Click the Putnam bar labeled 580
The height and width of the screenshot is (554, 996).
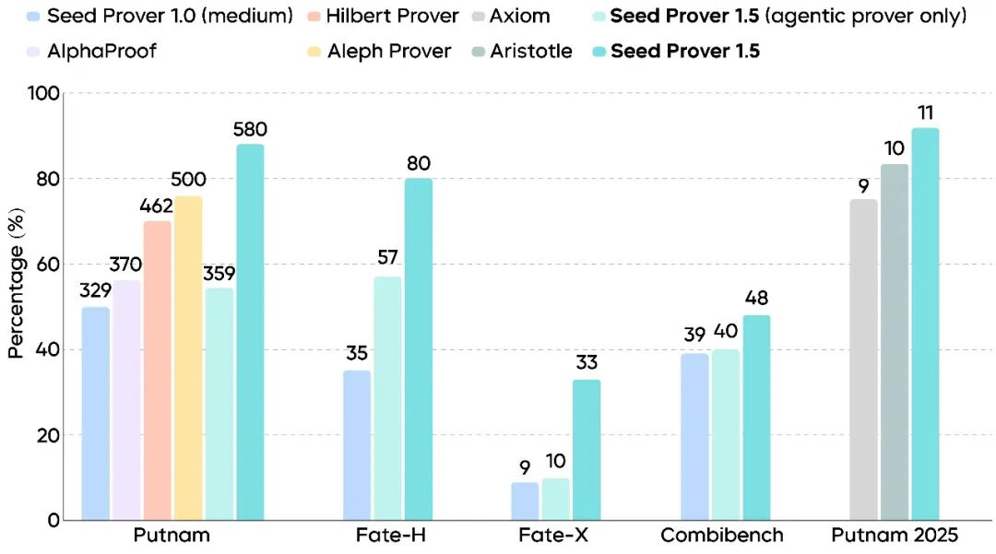pyautogui.click(x=249, y=332)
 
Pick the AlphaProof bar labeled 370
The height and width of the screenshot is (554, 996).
pyautogui.click(x=126, y=400)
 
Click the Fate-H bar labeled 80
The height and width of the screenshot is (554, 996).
pyautogui.click(x=418, y=349)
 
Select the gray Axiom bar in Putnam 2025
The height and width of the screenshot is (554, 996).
pyautogui.click(x=863, y=360)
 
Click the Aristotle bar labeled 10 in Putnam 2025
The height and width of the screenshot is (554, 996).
pyautogui.click(x=894, y=342)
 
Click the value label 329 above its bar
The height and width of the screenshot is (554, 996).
pyautogui.click(x=96, y=290)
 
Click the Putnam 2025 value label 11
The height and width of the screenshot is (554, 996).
pyautogui.click(x=925, y=112)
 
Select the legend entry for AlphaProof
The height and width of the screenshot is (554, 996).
pyautogui.click(x=91, y=51)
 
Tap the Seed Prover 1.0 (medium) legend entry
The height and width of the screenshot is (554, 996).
pyautogui.click(x=157, y=17)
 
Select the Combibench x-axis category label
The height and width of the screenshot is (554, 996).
pyautogui.click(x=722, y=536)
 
